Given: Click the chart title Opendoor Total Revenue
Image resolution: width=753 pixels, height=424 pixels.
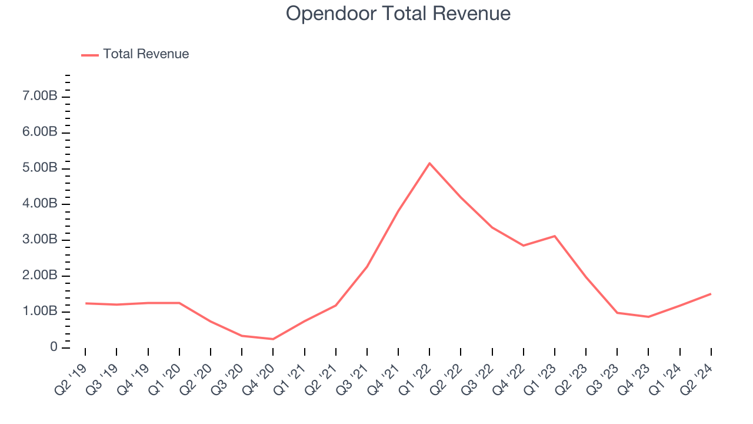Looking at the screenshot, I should (x=398, y=14).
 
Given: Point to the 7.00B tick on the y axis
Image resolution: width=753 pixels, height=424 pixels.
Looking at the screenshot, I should (x=40, y=97).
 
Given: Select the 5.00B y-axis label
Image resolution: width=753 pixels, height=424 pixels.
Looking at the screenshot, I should (x=40, y=169).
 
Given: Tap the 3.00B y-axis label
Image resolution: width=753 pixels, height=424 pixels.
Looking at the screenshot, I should (x=40, y=240).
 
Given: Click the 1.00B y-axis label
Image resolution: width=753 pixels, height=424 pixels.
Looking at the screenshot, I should (x=40, y=312).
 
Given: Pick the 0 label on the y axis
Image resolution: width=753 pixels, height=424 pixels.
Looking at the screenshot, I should (x=54, y=348).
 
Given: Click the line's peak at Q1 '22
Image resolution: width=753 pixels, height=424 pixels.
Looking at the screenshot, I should (x=429, y=163).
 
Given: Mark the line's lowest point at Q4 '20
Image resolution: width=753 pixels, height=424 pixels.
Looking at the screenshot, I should (x=273, y=339).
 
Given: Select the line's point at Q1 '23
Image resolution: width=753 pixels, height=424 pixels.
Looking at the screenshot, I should (x=554, y=236).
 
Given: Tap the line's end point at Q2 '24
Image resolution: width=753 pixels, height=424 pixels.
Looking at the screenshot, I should (x=711, y=294).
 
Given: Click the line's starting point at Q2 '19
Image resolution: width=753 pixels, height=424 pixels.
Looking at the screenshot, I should (x=85, y=303).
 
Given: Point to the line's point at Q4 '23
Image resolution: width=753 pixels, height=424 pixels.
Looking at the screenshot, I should (x=648, y=317).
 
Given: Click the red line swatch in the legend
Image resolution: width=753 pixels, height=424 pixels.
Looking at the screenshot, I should (x=90, y=55).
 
